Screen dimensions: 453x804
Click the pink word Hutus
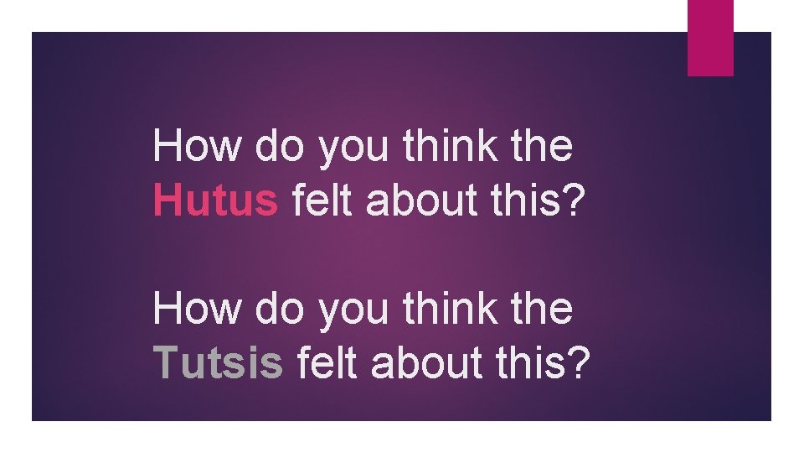pos(215,201)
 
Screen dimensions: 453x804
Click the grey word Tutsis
pos(219,363)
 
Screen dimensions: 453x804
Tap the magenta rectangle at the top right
pos(710,37)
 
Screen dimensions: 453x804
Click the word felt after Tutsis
pos(322,363)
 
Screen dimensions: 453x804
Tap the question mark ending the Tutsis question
pos(574,363)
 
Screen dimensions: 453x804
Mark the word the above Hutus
pos(544,148)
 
